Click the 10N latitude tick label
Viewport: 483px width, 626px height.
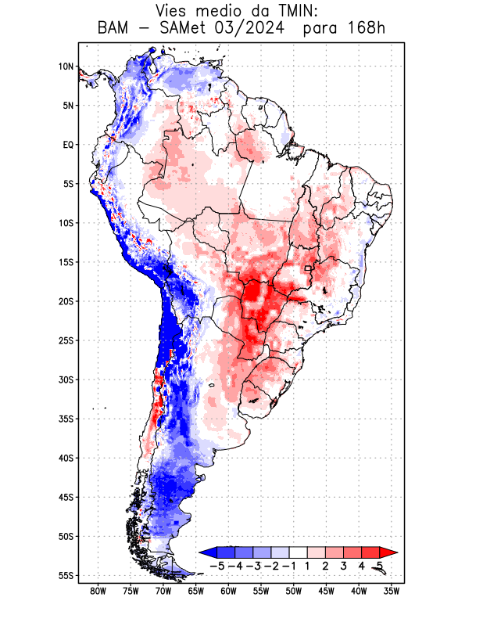[66, 67]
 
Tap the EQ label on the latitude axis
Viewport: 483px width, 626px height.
[67, 145]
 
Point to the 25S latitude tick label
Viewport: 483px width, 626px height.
[65, 340]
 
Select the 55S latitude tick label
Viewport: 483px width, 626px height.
[65, 575]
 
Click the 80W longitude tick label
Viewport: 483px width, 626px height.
[98, 591]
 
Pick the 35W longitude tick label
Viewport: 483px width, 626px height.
[392, 591]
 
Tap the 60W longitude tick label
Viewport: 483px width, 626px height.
[228, 591]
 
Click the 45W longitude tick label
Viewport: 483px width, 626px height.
[326, 591]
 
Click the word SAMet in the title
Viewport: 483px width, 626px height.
[188, 30]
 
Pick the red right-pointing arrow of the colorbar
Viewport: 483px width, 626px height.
[388, 552]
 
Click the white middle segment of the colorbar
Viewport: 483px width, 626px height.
[298, 552]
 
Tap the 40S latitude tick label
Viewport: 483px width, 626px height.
[65, 458]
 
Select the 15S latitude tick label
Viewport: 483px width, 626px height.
[65, 262]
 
